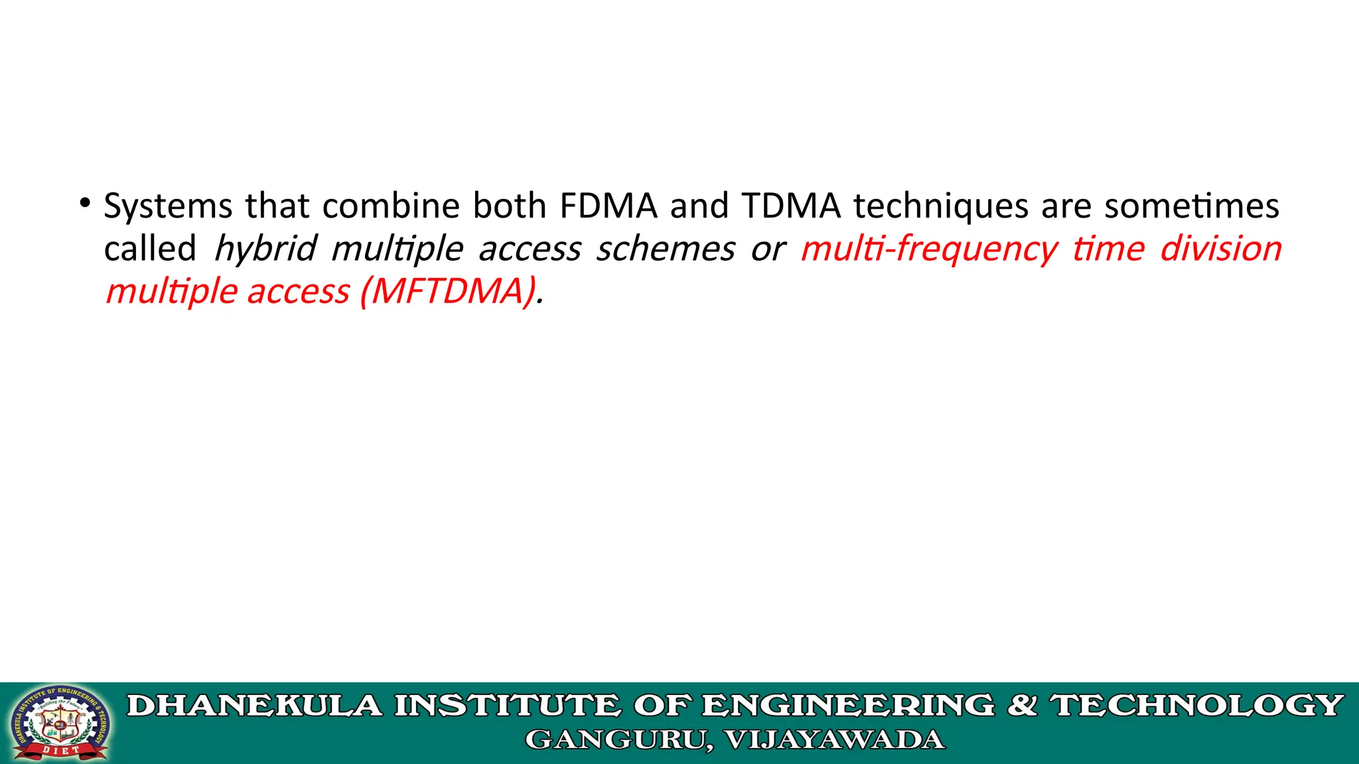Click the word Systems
click(168, 206)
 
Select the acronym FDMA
click(608, 206)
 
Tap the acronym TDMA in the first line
click(792, 206)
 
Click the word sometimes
click(1192, 206)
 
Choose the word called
click(150, 249)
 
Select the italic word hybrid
click(265, 249)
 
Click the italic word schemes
click(666, 249)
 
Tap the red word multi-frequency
click(929, 249)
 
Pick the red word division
click(1221, 249)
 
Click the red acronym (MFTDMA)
click(449, 292)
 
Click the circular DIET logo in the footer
click(59, 723)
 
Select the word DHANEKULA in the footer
click(255, 706)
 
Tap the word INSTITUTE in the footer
click(508, 706)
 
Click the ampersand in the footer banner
click(1023, 706)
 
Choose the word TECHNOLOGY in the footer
click(1196, 706)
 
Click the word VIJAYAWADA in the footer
click(834, 740)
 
